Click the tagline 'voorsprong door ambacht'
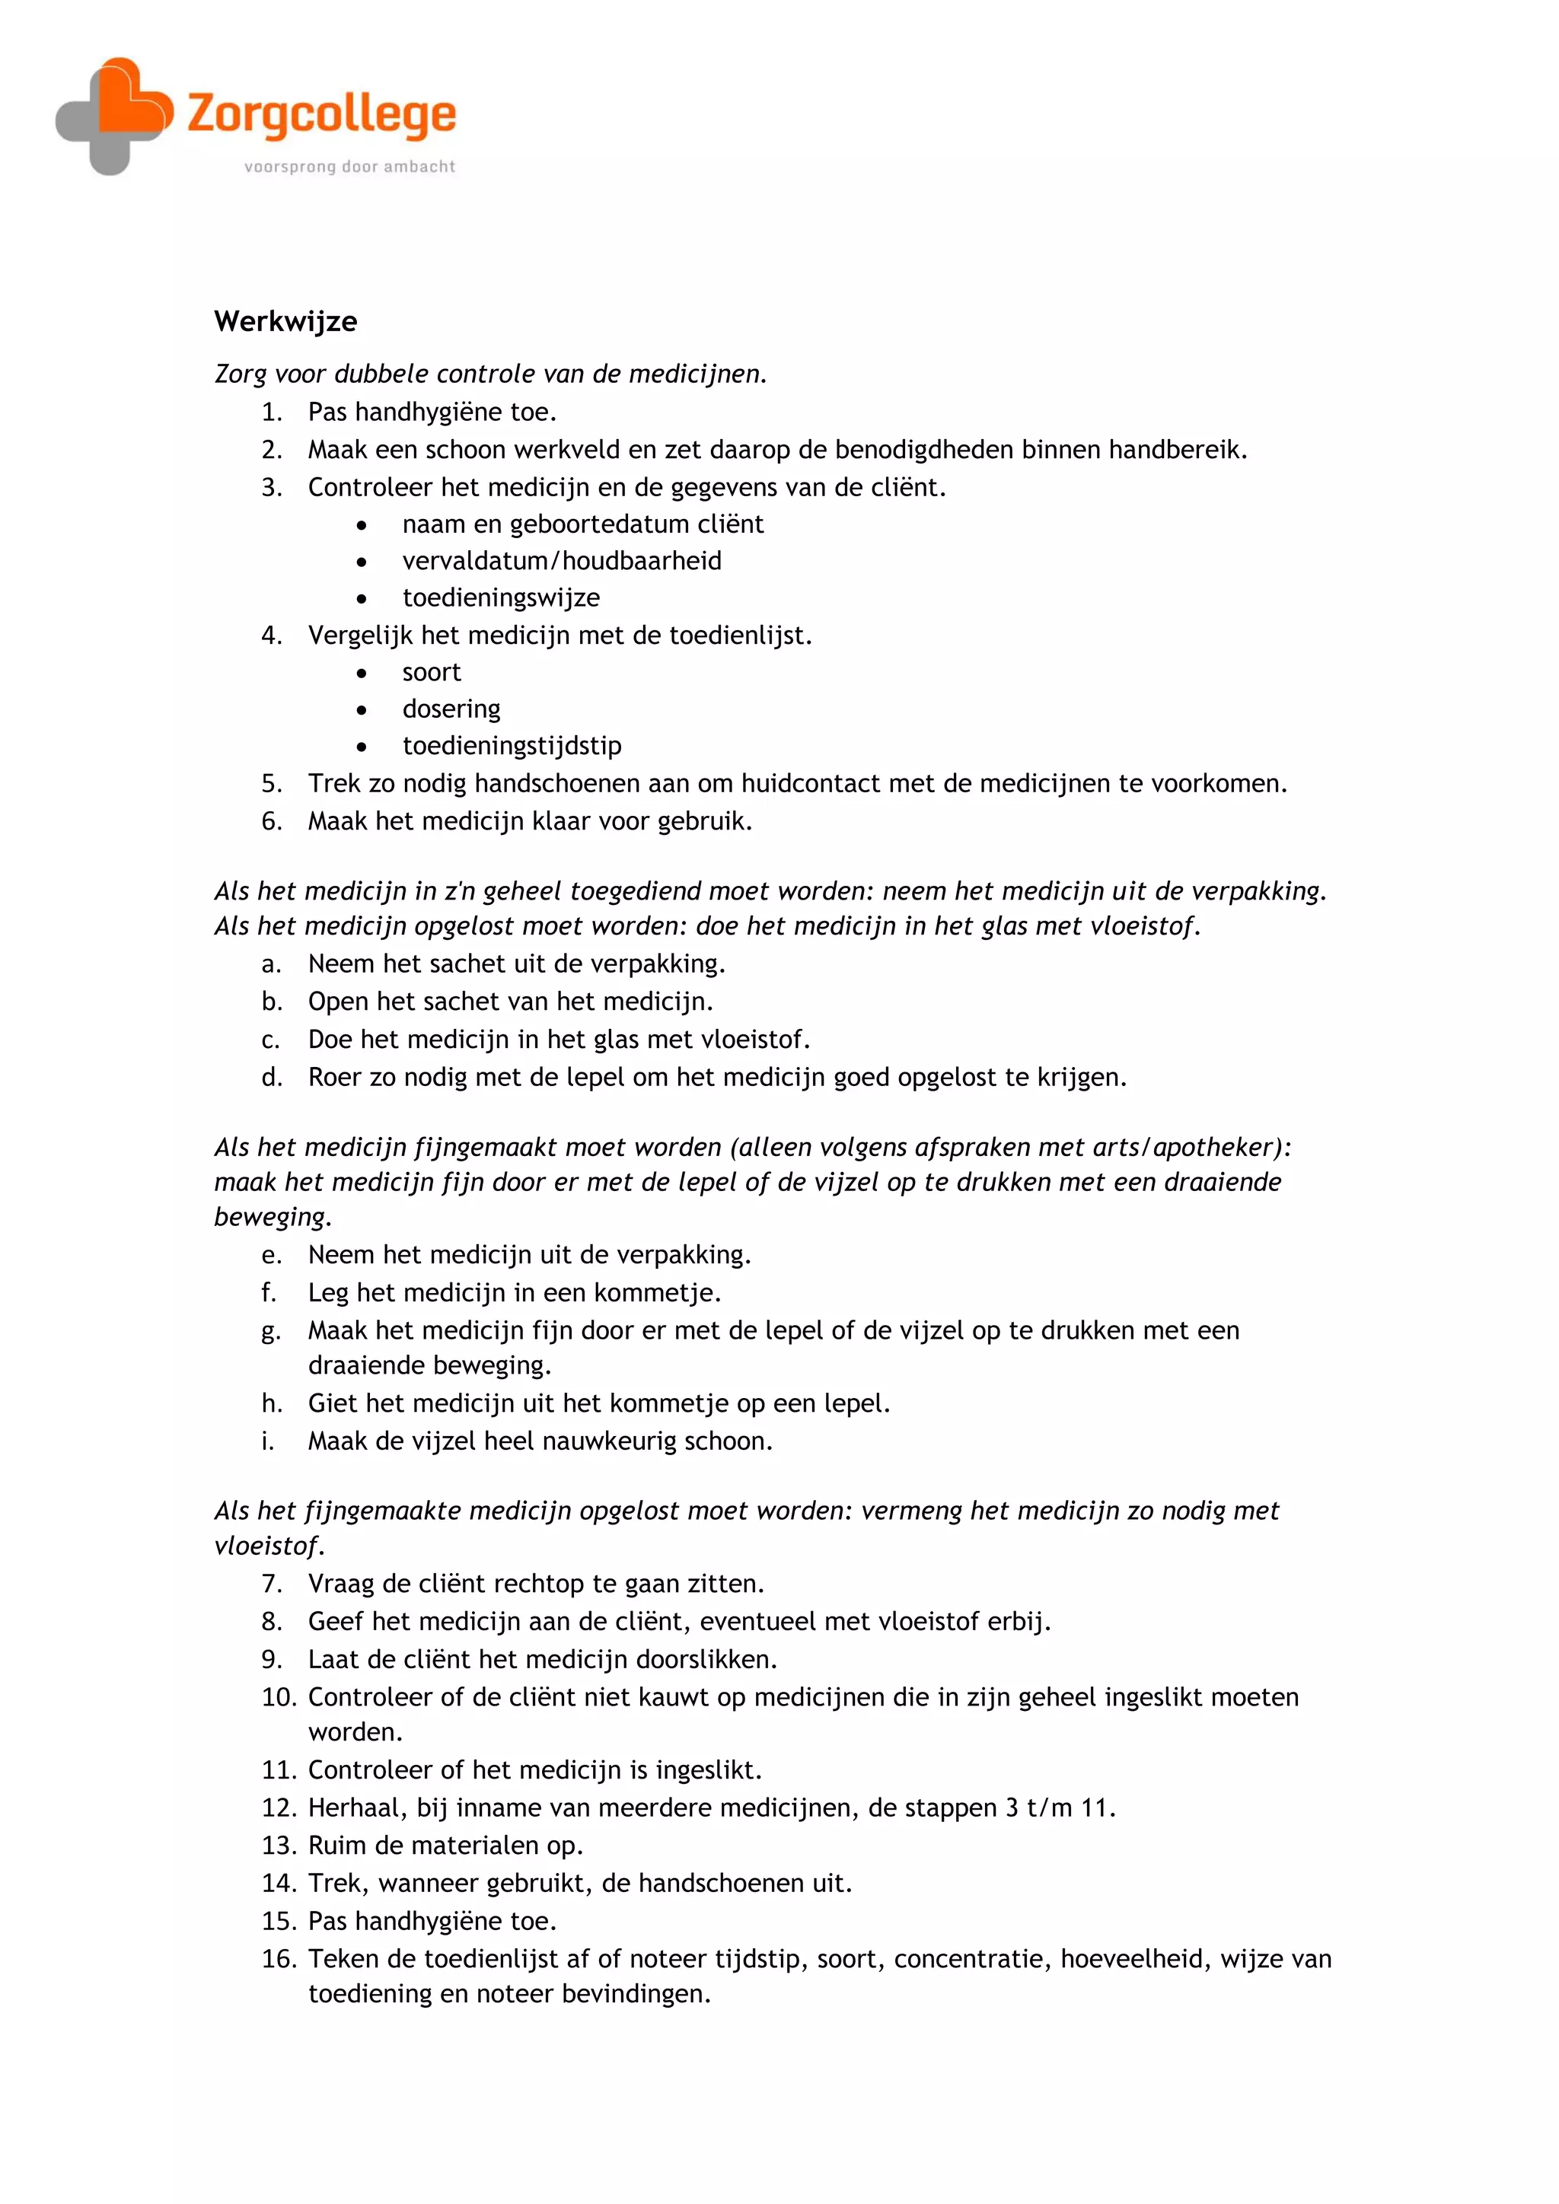tap(349, 167)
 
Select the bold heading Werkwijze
tap(285, 322)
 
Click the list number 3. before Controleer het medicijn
tap(272, 488)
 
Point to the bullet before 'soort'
tap(361, 673)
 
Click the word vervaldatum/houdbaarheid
tap(562, 561)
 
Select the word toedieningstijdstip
tap(512, 746)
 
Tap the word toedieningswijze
tap(501, 598)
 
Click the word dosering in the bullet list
tap(451, 709)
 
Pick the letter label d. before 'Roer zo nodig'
tap(272, 1078)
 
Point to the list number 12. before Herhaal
tap(279, 1808)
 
